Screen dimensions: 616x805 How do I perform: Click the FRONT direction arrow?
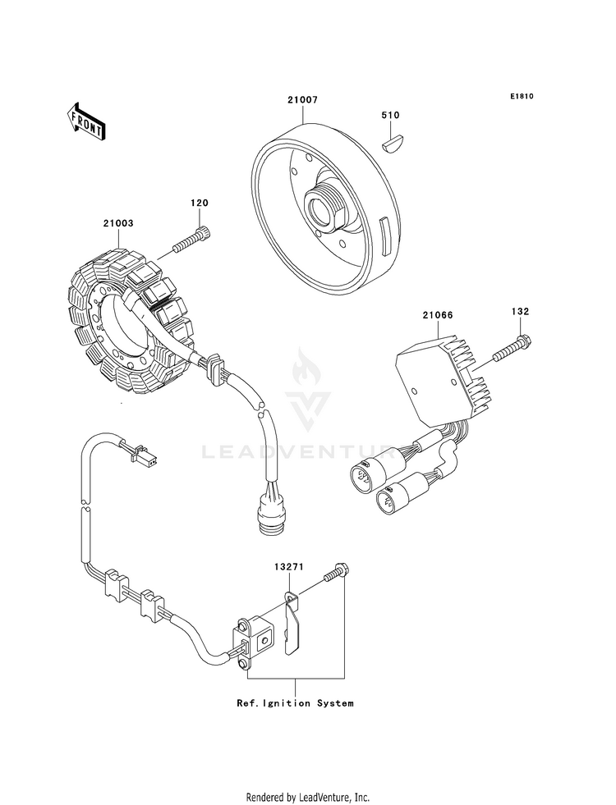click(x=85, y=121)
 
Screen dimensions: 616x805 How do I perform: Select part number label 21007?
click(x=302, y=99)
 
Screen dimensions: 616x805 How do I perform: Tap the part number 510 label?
click(x=390, y=116)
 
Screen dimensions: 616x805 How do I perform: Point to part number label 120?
click(x=200, y=203)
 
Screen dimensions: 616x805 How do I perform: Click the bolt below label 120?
click(x=192, y=240)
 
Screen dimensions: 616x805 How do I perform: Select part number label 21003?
click(x=118, y=223)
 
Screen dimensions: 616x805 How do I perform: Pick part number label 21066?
click(x=438, y=315)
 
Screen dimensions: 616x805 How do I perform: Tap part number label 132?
click(x=520, y=312)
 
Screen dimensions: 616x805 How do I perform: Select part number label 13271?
click(x=288, y=567)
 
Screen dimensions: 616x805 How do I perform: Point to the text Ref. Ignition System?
click(x=295, y=702)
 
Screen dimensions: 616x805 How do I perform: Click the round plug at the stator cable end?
click(x=271, y=515)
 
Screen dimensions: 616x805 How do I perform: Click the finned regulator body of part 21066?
click(x=443, y=382)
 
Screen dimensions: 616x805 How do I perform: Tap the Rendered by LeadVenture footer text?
click(x=308, y=798)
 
